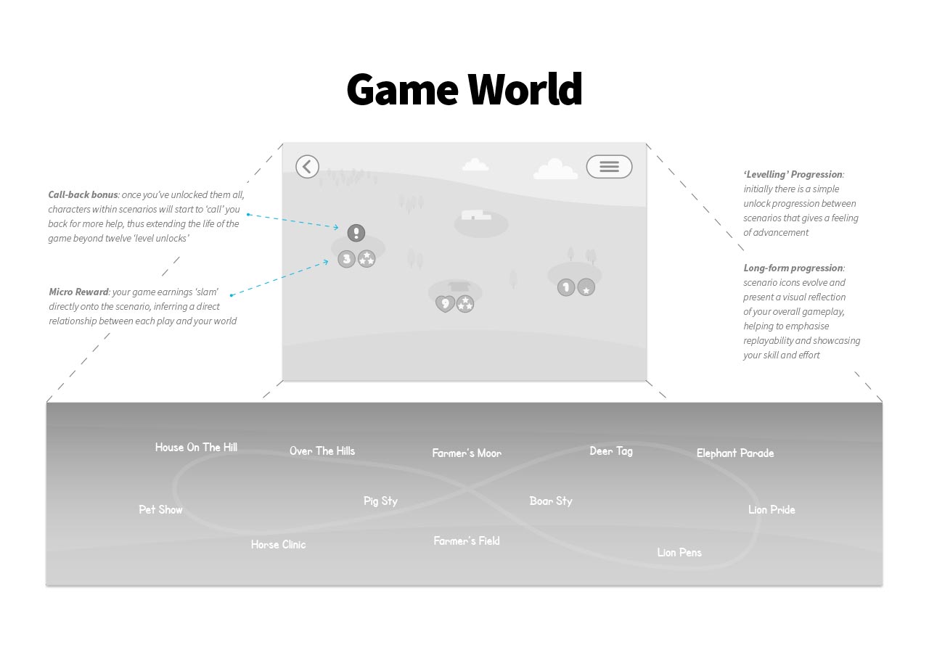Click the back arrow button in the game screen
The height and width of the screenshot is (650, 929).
(307, 167)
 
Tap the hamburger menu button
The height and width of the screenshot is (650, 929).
(609, 167)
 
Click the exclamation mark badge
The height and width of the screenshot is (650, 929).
(356, 233)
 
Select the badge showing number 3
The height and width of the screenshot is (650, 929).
(347, 258)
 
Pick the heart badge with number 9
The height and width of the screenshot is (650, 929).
(445, 303)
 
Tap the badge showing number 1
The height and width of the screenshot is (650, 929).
(566, 287)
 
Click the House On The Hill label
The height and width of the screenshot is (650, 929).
(196, 448)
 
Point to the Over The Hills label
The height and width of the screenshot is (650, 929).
(322, 451)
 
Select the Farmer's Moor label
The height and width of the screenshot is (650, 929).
(467, 453)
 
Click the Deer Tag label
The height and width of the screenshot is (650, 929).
(611, 451)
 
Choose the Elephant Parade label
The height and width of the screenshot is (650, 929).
(735, 453)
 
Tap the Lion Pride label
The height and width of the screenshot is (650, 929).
(772, 510)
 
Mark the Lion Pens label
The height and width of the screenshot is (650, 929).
(679, 553)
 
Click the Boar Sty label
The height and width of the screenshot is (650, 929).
(551, 501)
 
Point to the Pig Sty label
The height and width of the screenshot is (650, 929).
(380, 501)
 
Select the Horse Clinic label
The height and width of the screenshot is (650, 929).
(279, 545)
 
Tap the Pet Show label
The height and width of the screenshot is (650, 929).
(160, 510)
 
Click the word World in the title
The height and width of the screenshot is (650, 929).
(524, 90)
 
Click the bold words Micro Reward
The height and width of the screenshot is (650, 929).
(78, 292)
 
